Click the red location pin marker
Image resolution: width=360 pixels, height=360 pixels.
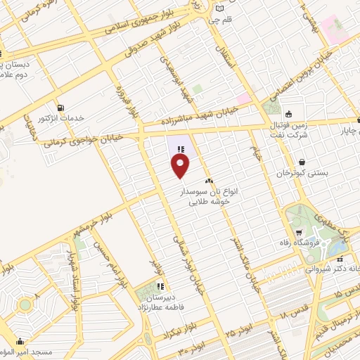(x=181, y=166)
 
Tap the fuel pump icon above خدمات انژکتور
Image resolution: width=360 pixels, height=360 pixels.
(x=61, y=108)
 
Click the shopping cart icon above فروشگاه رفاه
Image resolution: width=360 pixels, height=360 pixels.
(x=300, y=232)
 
